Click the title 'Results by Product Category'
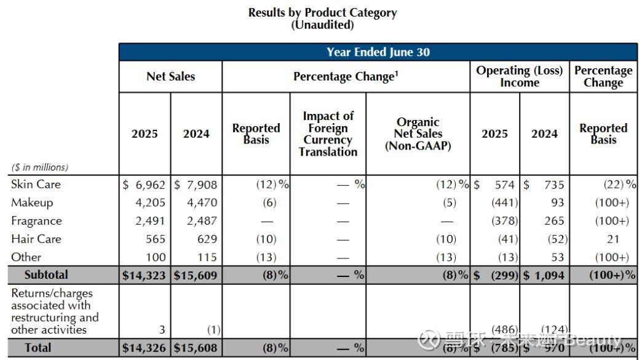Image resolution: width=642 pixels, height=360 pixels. point(322,12)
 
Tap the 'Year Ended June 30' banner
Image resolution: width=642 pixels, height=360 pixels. point(378,52)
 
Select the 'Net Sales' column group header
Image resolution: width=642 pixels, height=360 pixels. point(170,76)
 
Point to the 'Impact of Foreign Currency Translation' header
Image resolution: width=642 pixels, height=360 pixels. point(328,134)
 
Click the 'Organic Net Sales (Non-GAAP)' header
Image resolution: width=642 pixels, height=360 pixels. point(418,134)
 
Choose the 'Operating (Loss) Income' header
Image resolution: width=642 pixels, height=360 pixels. point(519,76)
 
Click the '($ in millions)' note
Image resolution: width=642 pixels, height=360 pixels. point(39,167)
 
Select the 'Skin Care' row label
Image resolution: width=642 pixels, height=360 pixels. point(36,184)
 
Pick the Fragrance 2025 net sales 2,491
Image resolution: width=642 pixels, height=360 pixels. point(149,221)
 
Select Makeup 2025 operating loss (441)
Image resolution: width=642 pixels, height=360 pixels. point(504,202)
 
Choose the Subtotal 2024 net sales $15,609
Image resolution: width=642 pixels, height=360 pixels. point(196,276)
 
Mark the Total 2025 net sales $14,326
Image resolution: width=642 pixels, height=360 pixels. point(144,348)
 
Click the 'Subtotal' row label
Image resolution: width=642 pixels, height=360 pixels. point(46,274)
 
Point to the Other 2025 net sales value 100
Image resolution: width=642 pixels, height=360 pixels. point(155,257)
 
